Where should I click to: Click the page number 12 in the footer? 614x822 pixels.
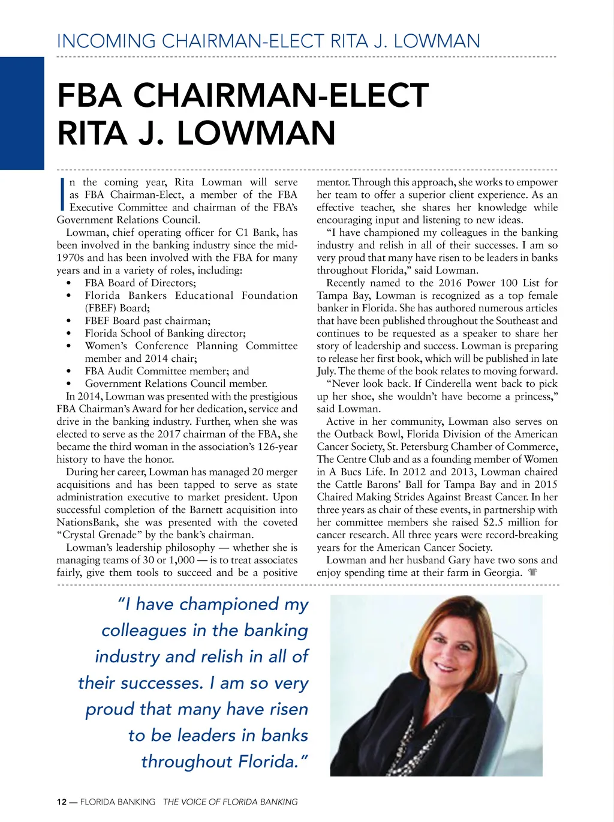(62, 802)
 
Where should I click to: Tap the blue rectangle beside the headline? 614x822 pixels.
(22, 113)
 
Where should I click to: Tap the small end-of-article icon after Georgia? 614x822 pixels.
(532, 572)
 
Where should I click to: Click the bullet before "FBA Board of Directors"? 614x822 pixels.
(70, 283)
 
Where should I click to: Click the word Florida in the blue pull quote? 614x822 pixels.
(267, 761)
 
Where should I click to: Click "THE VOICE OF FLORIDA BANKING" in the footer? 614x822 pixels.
(230, 802)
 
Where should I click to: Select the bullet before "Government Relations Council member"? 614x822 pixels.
(70, 384)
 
